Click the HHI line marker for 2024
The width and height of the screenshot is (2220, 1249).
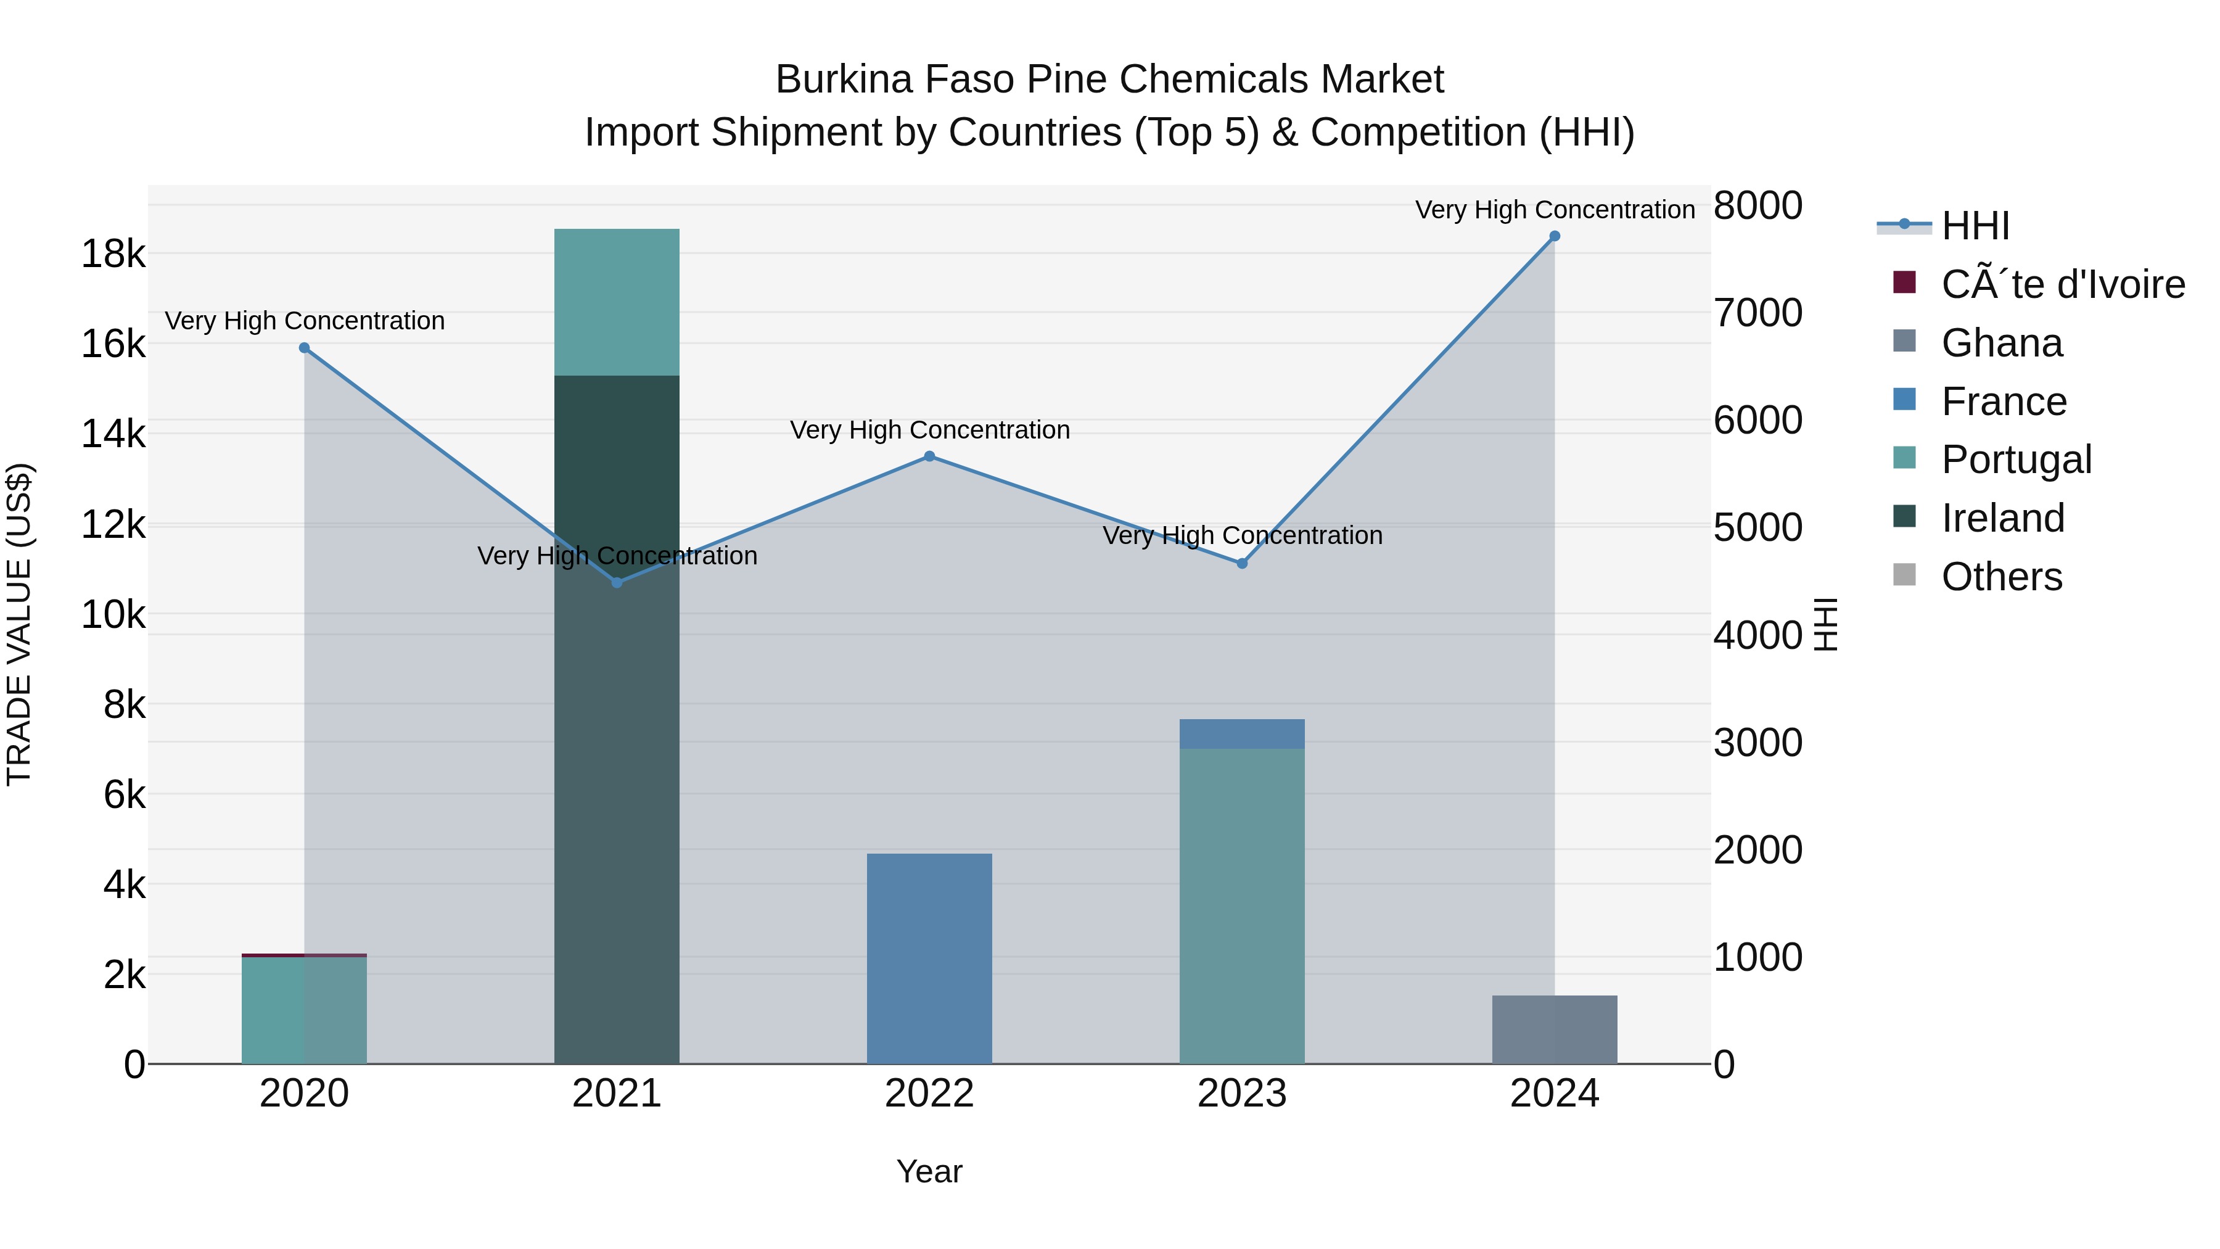1554,236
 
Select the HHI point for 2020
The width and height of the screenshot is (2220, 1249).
304,348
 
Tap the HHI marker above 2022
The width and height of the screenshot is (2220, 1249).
929,457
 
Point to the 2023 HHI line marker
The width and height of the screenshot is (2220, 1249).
1242,564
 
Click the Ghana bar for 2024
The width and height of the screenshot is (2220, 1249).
1554,1029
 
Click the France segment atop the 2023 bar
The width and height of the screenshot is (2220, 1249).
1242,733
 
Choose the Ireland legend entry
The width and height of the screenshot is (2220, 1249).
2002,518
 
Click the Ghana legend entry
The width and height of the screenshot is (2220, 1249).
2001,343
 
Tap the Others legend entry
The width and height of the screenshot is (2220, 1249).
2001,577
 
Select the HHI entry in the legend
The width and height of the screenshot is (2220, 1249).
1975,226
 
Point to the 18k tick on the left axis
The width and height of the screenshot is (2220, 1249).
113,254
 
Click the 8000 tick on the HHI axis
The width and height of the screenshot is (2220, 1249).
1757,206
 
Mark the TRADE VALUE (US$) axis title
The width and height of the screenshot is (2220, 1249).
19,624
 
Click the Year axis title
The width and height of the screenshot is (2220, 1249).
929,1171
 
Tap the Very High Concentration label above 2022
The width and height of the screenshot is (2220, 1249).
929,430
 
